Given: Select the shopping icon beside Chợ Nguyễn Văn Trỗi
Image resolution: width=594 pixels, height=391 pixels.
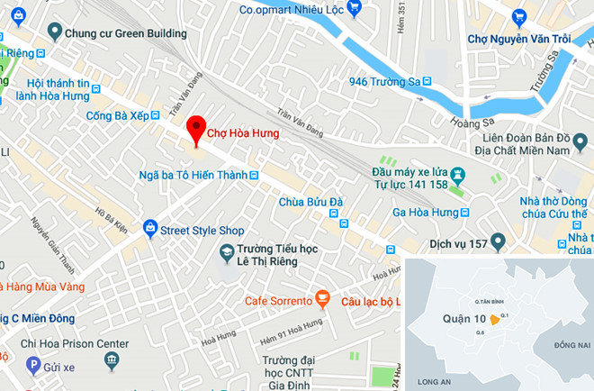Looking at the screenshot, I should tap(518, 17).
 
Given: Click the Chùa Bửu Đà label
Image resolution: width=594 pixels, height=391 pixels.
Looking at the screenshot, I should tap(306, 202).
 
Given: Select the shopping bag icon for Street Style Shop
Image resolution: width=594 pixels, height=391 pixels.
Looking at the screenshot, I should tap(149, 229).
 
